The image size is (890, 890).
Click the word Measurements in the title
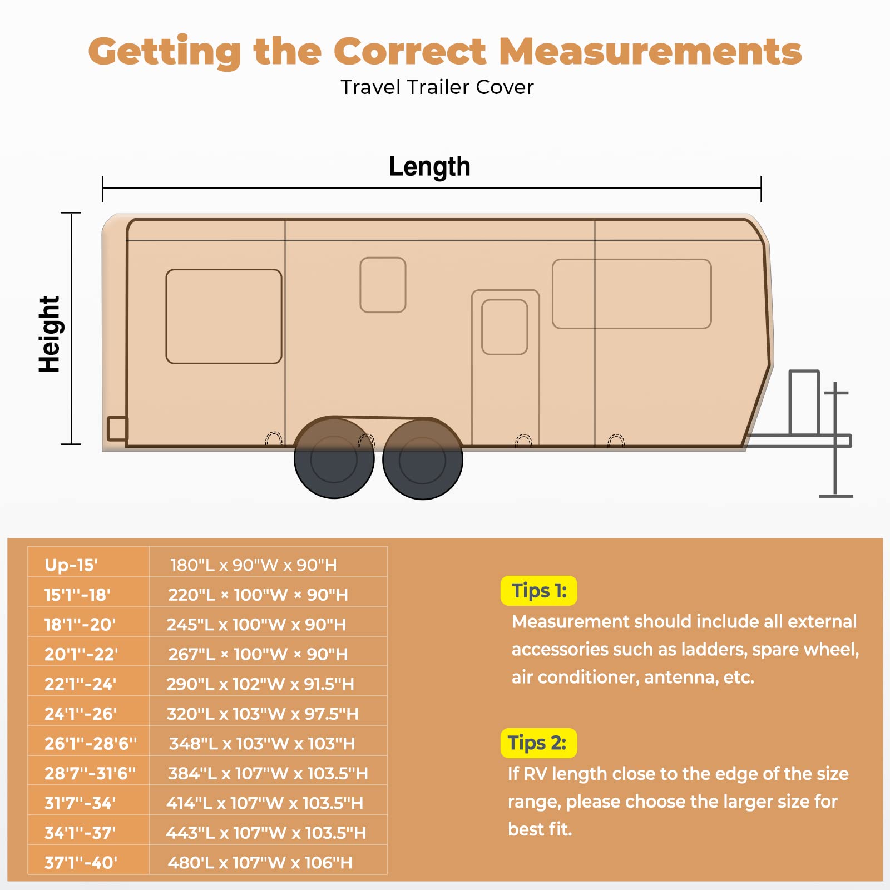click(x=650, y=51)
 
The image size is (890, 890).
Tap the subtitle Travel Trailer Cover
click(x=437, y=87)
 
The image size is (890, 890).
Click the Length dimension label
click(x=429, y=166)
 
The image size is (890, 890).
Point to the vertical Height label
click(x=49, y=334)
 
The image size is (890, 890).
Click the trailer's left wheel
click(x=334, y=459)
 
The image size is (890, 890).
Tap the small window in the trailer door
click(x=505, y=327)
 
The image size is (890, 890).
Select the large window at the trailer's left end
click(x=224, y=317)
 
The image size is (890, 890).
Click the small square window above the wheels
click(x=383, y=285)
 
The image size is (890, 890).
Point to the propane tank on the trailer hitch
click(x=804, y=402)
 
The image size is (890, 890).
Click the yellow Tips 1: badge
click(x=538, y=591)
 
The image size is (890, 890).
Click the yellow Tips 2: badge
click(x=538, y=743)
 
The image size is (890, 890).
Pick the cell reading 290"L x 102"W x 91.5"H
click(x=260, y=684)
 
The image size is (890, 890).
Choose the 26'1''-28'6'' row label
click(x=90, y=744)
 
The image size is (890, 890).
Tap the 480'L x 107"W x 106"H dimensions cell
click(x=260, y=863)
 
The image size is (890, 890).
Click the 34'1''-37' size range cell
click(x=80, y=833)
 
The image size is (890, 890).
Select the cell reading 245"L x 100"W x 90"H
click(x=256, y=625)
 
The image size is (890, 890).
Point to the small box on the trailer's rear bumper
click(x=117, y=428)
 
